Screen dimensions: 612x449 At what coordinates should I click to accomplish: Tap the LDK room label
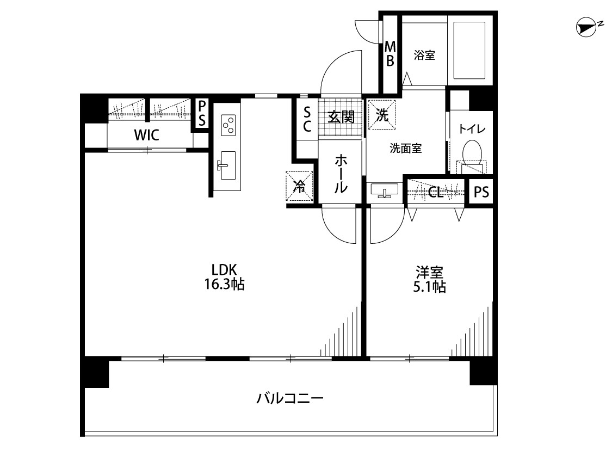tap(225, 270)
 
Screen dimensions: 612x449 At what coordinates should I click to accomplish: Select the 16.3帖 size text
tap(225, 284)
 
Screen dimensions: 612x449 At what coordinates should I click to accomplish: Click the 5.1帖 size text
tap(429, 287)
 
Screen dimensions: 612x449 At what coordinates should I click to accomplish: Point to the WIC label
tap(147, 135)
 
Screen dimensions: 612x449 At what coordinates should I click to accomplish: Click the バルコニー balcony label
tap(290, 398)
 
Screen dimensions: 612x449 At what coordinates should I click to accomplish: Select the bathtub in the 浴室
tap(469, 50)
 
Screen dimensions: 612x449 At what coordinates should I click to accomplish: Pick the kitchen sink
tap(227, 165)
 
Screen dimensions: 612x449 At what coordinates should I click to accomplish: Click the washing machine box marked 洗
tap(382, 115)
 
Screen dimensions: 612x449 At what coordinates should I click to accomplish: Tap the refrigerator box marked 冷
tap(299, 187)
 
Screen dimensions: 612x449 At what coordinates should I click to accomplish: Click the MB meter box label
tap(390, 54)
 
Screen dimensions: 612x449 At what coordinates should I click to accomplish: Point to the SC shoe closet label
tap(307, 120)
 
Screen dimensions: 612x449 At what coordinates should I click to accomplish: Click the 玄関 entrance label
tap(341, 116)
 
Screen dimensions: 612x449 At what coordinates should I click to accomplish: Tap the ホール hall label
tap(341, 174)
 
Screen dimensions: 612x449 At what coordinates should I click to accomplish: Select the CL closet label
tap(436, 192)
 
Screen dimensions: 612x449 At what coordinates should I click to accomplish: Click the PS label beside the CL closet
tap(481, 192)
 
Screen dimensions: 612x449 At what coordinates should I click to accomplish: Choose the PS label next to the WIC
tap(201, 113)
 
